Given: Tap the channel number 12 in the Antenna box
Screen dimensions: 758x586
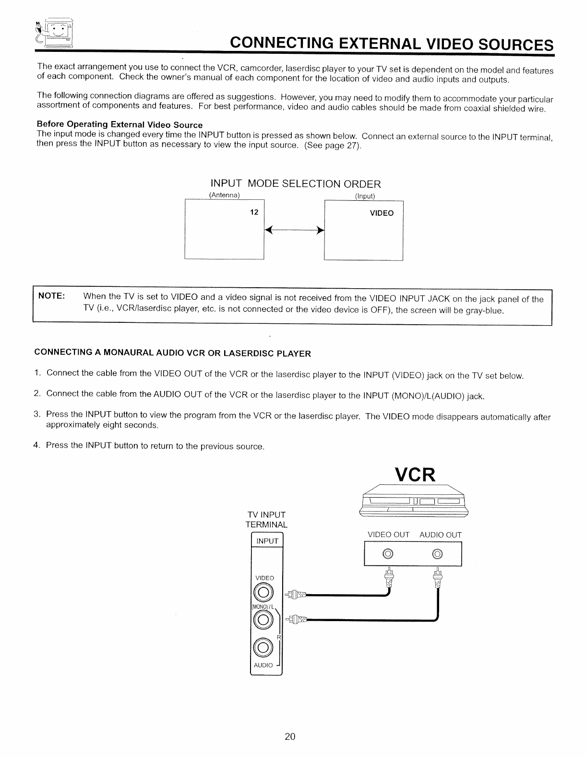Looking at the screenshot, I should tap(254, 212).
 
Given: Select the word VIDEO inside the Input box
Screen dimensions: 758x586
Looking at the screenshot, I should tap(382, 213).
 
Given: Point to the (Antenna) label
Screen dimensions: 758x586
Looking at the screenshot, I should tap(224, 195).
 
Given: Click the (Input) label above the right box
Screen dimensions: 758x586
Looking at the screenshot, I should tap(365, 196).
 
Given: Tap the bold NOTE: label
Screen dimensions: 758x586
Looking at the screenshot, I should tap(51, 295).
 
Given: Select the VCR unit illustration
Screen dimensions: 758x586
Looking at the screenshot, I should tap(413, 502).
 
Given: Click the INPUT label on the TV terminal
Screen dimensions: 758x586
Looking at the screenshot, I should tap(267, 541).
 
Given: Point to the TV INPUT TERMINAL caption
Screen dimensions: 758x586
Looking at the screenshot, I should tap(266, 520).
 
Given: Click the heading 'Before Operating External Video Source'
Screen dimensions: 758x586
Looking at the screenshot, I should tap(120, 125).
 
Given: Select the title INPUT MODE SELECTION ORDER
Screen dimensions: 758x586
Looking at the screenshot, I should tap(296, 184).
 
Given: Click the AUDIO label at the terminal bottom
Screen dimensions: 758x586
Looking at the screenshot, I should tap(263, 665).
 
